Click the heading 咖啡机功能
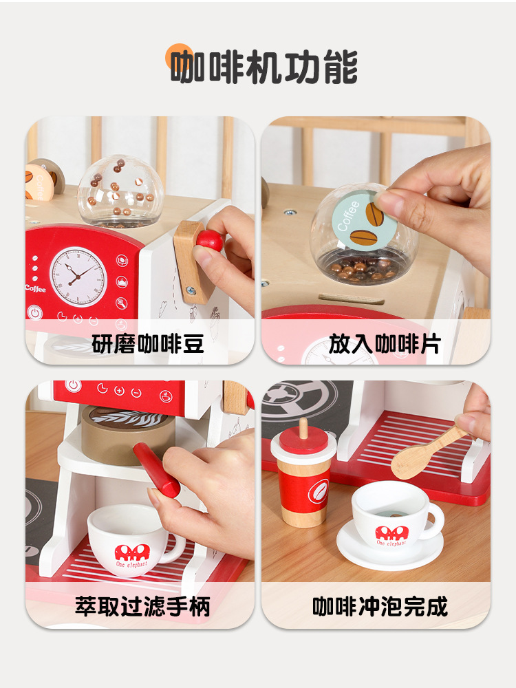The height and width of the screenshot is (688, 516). point(264,67)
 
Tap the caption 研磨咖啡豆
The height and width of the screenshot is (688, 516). point(148,343)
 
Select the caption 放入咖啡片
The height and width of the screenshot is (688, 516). point(385,343)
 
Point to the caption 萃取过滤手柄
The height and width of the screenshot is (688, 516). point(142,606)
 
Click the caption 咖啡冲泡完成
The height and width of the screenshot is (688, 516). point(380,606)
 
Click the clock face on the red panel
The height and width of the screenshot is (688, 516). point(78,277)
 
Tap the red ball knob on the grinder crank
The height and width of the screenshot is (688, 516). point(210,240)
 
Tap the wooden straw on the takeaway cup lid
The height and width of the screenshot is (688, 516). point(303,428)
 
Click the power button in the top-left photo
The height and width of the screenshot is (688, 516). point(34,312)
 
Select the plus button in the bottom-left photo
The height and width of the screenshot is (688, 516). point(119,390)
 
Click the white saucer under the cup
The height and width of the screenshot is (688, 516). point(389,547)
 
